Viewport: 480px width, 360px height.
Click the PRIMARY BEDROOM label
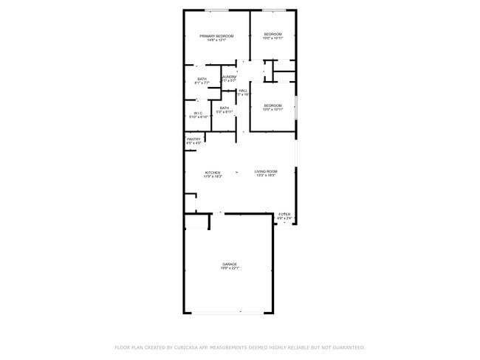tap(216, 36)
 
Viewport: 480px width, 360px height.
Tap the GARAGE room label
tap(230, 263)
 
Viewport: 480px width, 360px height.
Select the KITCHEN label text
tap(213, 173)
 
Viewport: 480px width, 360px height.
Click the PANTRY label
tap(193, 139)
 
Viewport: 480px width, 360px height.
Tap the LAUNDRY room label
tap(228, 77)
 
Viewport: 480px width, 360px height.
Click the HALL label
tap(243, 91)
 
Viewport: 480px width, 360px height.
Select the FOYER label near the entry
tap(284, 214)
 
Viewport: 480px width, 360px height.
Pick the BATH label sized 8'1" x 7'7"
tap(202, 79)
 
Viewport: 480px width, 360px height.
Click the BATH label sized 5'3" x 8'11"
tap(224, 108)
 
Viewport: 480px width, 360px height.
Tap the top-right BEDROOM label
tap(273, 34)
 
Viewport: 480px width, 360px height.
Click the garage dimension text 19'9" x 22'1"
tap(230, 269)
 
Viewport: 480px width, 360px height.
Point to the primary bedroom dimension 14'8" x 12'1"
tap(216, 41)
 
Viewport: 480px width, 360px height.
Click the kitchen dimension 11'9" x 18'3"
tap(213, 177)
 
